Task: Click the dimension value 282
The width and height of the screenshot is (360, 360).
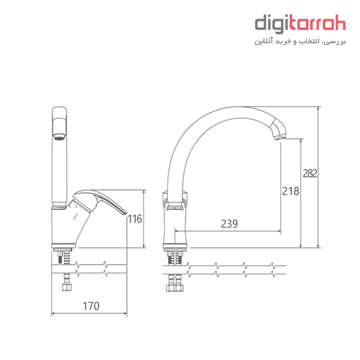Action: [310, 173]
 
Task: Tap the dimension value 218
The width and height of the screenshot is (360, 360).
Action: [290, 191]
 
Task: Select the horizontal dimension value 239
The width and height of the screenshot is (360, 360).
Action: [229, 224]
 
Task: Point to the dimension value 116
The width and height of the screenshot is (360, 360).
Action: [135, 219]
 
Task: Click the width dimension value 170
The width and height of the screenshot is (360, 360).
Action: [91, 306]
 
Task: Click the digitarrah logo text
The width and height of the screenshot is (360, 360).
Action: [300, 24]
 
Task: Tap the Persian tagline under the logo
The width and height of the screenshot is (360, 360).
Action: [300, 41]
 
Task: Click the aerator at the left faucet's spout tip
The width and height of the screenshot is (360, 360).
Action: [59, 137]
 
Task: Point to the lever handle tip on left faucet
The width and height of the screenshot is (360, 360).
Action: [125, 213]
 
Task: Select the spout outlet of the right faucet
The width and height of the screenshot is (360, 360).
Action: [280, 137]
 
